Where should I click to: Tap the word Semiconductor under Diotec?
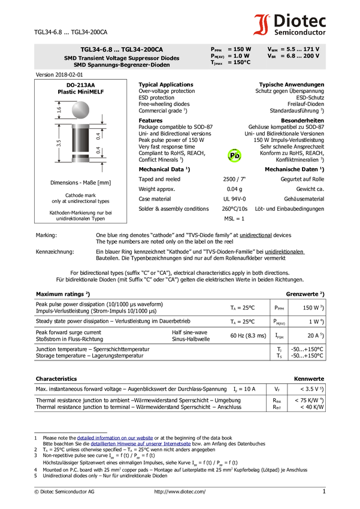300,32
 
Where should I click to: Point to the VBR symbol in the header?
272,56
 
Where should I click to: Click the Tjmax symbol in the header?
217,62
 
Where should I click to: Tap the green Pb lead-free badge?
234,156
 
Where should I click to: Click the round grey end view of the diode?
80,109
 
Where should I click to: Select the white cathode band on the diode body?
80,159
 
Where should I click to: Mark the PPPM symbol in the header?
216,49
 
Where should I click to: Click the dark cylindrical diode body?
80,140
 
